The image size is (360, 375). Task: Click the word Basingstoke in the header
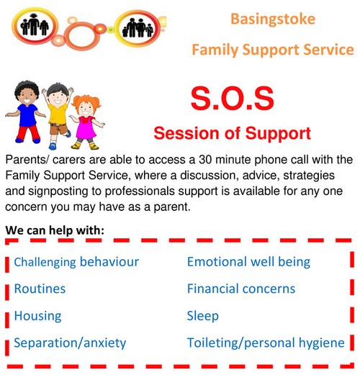click(x=273, y=19)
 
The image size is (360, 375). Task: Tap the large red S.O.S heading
click(x=233, y=99)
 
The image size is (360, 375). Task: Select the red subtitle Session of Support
click(x=232, y=133)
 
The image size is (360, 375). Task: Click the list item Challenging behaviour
click(x=76, y=262)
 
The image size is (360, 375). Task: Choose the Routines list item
click(x=40, y=289)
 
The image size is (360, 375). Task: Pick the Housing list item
click(x=37, y=316)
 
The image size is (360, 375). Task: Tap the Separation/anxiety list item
click(x=70, y=343)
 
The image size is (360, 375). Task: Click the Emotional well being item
click(x=248, y=262)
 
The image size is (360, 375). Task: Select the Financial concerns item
click(x=241, y=289)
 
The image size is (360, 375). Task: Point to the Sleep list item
click(x=202, y=316)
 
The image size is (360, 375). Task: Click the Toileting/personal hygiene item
click(x=266, y=343)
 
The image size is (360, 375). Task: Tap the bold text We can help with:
click(x=55, y=230)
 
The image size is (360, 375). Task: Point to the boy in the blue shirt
click(x=26, y=112)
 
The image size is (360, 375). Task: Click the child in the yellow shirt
click(x=58, y=115)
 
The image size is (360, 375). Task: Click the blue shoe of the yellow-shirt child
click(x=53, y=146)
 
